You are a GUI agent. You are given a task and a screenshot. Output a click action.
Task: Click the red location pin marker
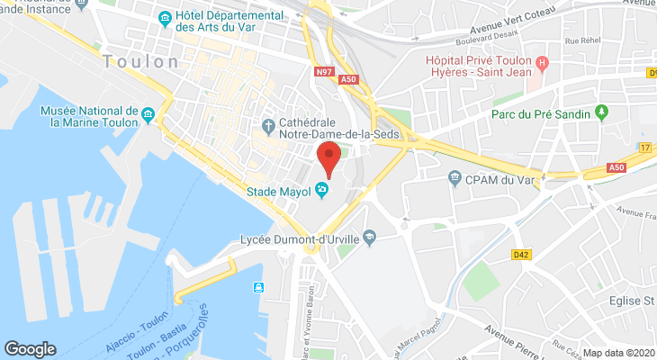(328, 158)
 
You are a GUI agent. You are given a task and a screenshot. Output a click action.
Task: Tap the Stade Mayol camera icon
(321, 190)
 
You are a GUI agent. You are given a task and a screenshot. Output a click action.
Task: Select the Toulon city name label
(141, 62)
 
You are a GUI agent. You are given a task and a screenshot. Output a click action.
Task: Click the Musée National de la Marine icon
(148, 115)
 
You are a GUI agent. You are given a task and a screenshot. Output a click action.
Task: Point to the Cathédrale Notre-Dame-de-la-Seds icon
(267, 124)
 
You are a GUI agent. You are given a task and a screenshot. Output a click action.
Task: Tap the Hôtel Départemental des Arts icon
(165, 19)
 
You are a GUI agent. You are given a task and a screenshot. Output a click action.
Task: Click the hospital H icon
(541, 63)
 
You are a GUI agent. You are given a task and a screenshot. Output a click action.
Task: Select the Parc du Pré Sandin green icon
(602, 113)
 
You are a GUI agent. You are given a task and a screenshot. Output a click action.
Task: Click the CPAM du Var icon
(455, 178)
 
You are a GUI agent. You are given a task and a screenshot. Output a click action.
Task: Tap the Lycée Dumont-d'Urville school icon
(366, 238)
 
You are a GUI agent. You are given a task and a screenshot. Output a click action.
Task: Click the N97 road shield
(325, 73)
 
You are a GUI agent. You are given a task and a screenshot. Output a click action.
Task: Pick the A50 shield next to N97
(348, 80)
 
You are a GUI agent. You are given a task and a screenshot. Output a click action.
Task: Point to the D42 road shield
(520, 255)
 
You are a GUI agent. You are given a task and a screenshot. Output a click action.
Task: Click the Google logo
(30, 348)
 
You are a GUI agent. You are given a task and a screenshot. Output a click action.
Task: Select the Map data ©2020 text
(620, 353)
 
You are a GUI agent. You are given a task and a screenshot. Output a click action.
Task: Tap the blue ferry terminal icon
(258, 287)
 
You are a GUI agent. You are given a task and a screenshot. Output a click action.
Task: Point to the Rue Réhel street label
(582, 40)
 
